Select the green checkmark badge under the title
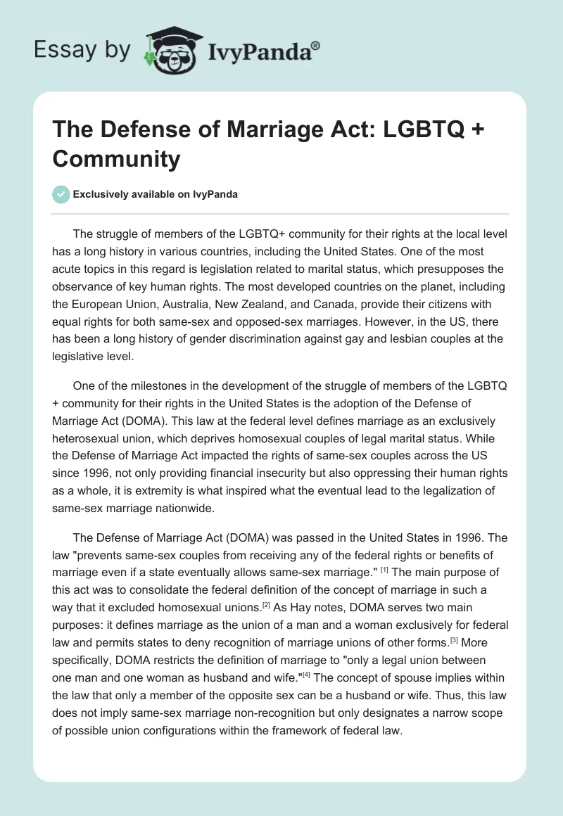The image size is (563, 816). point(61,194)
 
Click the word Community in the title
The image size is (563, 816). point(116,159)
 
